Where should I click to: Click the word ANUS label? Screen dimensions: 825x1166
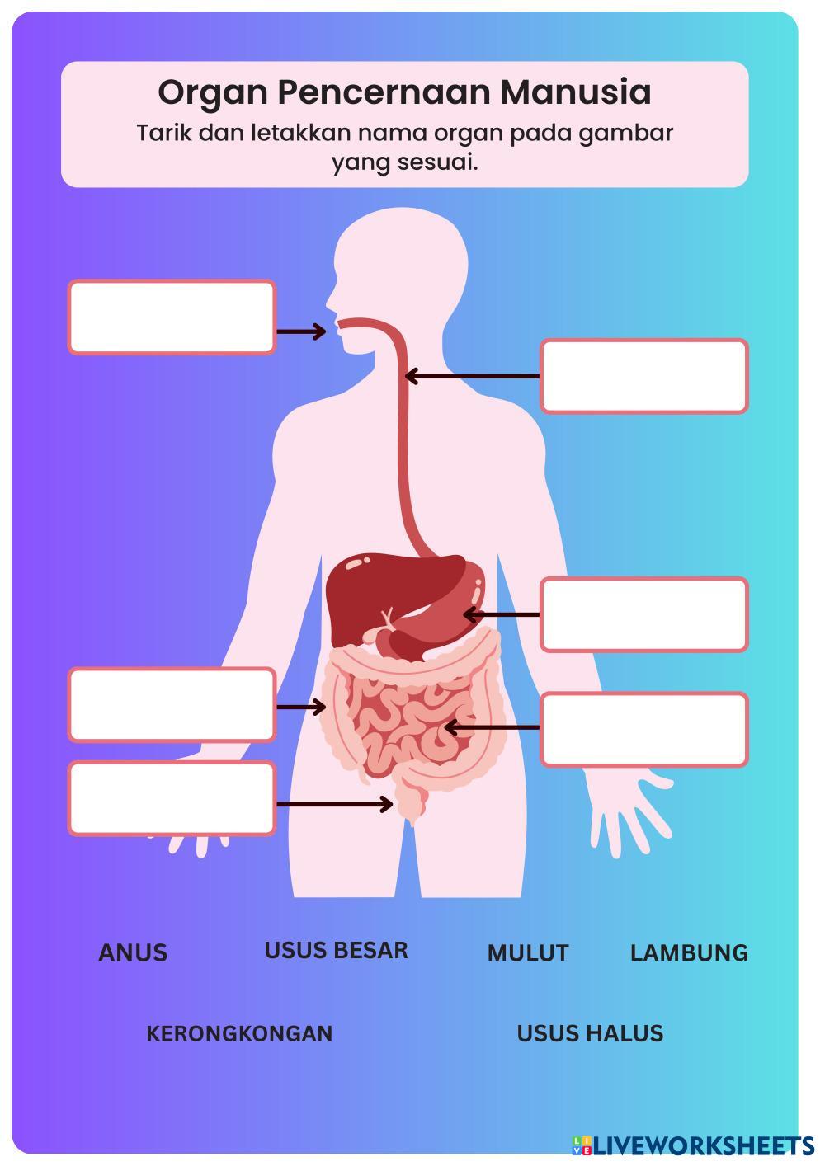click(133, 952)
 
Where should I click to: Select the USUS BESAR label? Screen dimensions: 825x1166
click(336, 950)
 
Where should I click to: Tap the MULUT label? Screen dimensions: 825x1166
click(528, 952)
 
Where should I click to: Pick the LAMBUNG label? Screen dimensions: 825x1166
click(689, 952)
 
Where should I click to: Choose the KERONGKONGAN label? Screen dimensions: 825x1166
click(239, 1033)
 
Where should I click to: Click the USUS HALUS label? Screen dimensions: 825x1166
click(590, 1033)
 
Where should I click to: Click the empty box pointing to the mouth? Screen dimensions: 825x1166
click(172, 317)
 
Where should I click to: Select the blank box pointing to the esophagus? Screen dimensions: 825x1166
click(644, 376)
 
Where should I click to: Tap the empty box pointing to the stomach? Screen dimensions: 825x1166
click(644, 614)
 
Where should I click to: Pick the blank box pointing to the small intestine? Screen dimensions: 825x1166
click(644, 729)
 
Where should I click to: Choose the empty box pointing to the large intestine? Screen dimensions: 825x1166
click(172, 704)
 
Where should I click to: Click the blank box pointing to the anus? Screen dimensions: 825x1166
click(172, 798)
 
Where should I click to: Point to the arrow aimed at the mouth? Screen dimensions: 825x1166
click(301, 331)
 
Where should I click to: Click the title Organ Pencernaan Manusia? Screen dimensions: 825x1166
click(404, 92)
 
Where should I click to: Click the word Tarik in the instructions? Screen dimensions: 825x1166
click(157, 133)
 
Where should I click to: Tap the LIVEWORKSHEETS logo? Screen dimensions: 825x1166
click(693, 1145)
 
